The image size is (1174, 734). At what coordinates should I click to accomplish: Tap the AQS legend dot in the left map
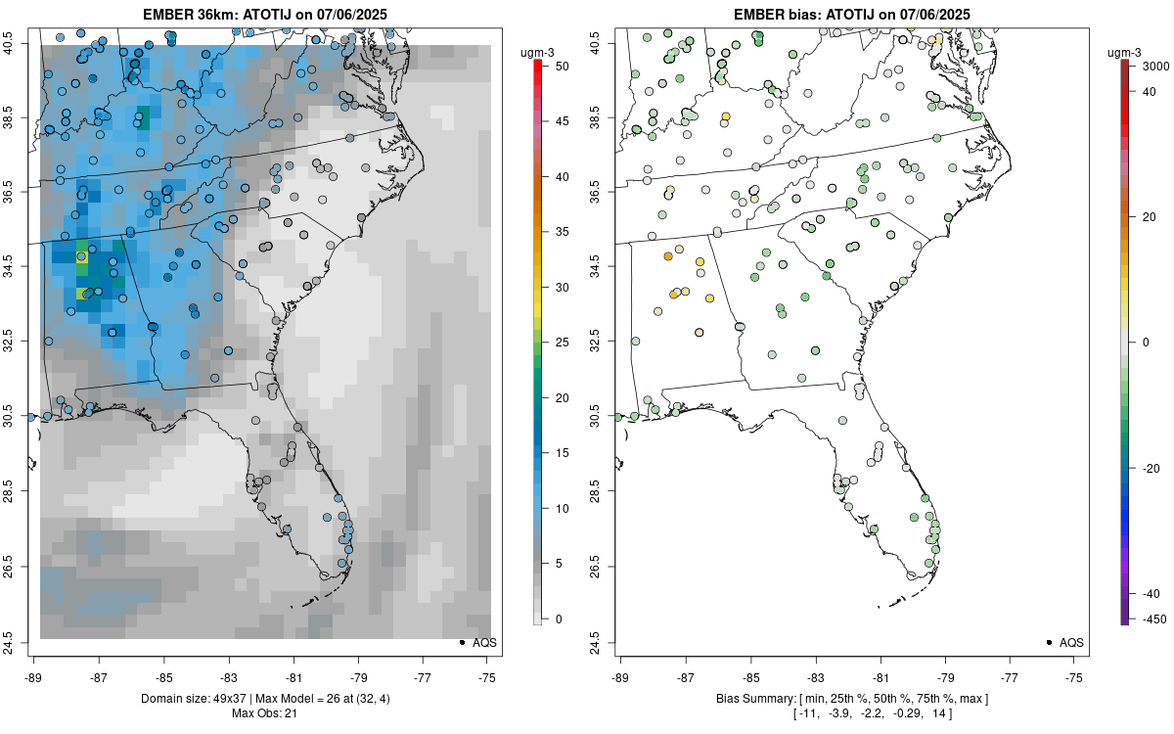pos(461,643)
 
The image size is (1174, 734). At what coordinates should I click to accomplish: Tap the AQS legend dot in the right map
pos(1048,643)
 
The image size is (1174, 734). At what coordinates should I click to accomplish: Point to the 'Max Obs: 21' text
pos(265,712)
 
